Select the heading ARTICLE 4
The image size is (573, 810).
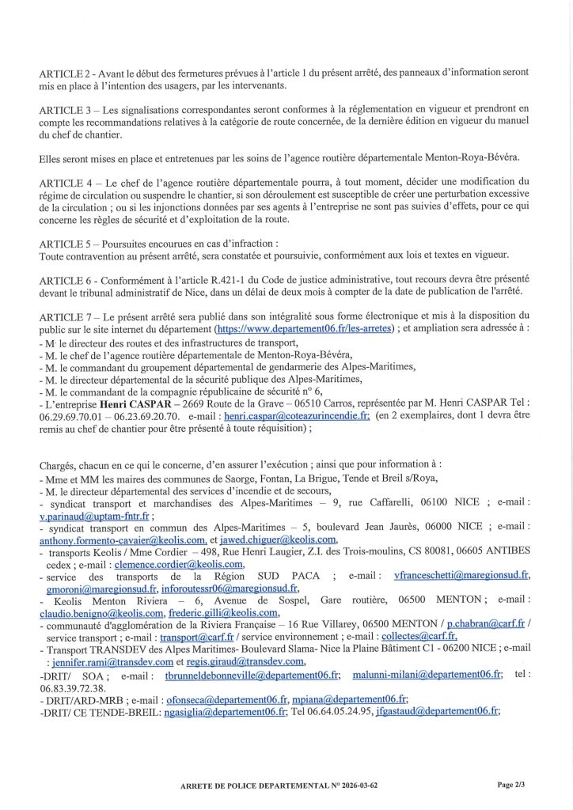pos(64,181)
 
